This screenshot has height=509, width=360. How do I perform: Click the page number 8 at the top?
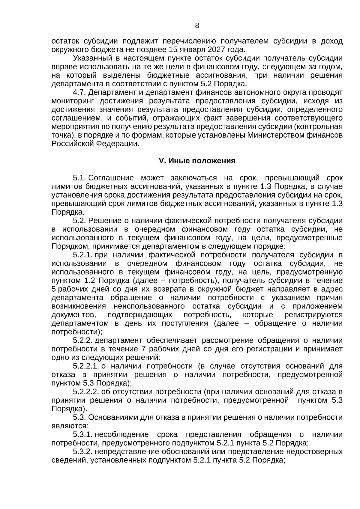point(197,26)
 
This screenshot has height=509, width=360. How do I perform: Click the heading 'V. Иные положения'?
point(197,161)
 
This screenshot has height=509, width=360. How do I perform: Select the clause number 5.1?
point(80,178)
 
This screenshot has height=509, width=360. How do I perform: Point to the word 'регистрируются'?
point(313,315)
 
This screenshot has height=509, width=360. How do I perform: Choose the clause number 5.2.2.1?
point(86,366)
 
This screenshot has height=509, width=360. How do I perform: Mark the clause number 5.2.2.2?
point(86,392)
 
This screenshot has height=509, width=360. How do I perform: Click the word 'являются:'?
point(70,426)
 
